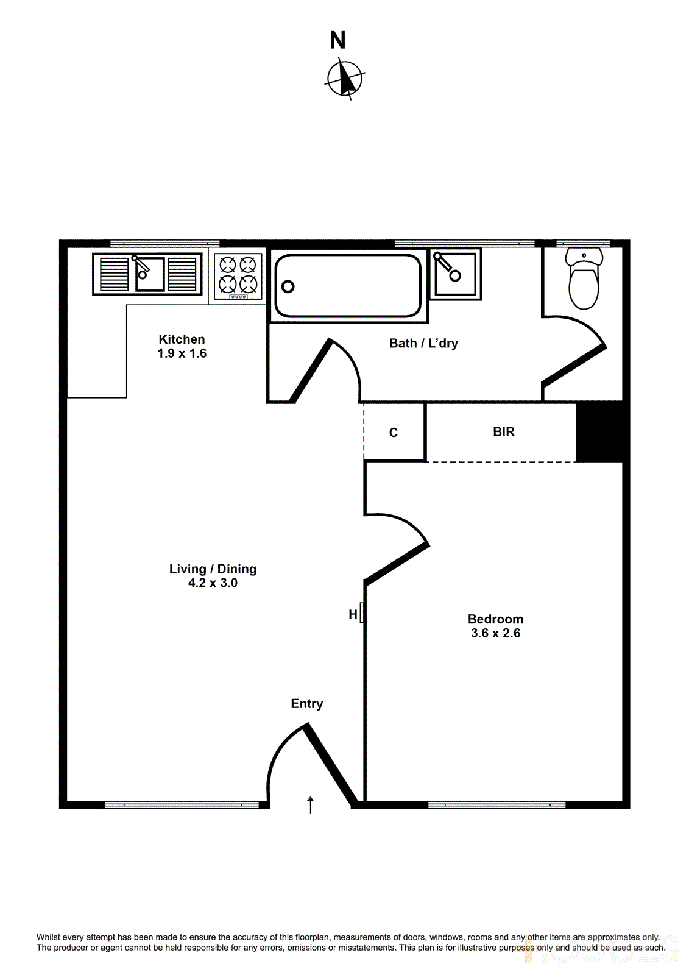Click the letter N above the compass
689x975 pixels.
click(337, 41)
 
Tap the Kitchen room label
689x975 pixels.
click(182, 339)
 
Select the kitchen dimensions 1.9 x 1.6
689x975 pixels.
click(182, 353)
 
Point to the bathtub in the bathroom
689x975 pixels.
click(348, 285)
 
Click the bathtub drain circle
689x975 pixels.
click(288, 286)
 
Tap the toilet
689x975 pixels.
click(584, 279)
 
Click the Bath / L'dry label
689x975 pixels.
click(423, 343)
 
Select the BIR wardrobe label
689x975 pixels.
click(504, 432)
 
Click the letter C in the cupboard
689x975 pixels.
click(394, 433)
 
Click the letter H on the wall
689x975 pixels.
click(353, 614)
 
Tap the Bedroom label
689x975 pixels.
click(495, 619)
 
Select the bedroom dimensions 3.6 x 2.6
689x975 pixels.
click(495, 633)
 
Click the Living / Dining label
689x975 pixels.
click(213, 569)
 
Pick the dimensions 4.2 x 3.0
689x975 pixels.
click(213, 583)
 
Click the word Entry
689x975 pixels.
click(307, 704)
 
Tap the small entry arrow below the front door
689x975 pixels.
click(311, 804)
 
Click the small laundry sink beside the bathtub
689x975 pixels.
click(455, 274)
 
